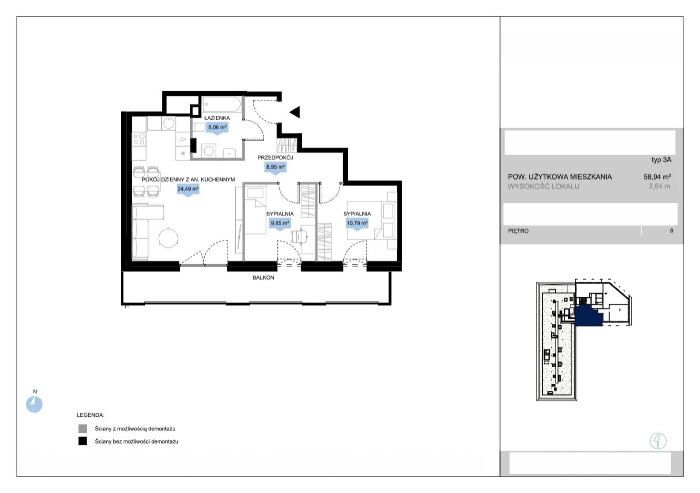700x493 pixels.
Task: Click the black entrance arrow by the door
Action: pyautogui.click(x=296, y=112)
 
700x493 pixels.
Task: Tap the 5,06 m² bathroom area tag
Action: pyautogui.click(x=217, y=128)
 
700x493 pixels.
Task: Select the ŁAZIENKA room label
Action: pyautogui.click(x=217, y=118)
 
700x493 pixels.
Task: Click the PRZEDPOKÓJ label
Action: pyautogui.click(x=275, y=158)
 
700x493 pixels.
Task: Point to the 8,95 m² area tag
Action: pyautogui.click(x=275, y=168)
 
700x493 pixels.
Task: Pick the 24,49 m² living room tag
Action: pyautogui.click(x=188, y=190)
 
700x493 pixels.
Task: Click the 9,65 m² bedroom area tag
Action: pyautogui.click(x=280, y=223)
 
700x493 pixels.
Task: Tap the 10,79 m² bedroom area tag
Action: pyautogui.click(x=357, y=223)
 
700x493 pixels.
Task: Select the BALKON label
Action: pyautogui.click(x=263, y=278)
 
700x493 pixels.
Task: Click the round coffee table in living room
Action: pyautogui.click(x=168, y=238)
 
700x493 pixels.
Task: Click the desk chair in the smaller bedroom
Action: pyautogui.click(x=299, y=236)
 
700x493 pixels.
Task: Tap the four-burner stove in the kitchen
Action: pyautogui.click(x=139, y=139)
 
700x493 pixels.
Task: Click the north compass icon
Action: pyautogui.click(x=34, y=404)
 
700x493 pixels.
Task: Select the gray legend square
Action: pyautogui.click(x=83, y=428)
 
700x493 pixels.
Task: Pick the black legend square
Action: pyautogui.click(x=83, y=441)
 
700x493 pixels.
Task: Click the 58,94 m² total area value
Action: pyautogui.click(x=657, y=177)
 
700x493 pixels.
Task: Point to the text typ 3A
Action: pyautogui.click(x=661, y=160)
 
